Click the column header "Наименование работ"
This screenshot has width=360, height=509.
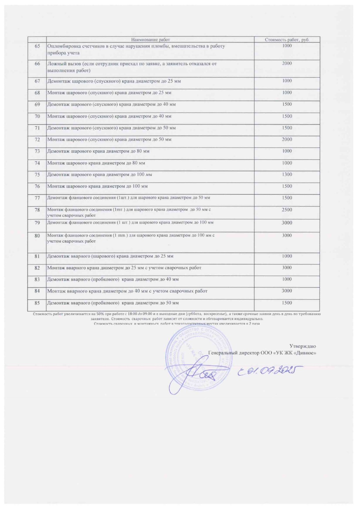150,40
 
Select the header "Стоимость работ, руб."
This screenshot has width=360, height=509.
287,40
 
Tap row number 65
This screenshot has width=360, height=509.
37,46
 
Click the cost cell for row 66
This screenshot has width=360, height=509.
287,64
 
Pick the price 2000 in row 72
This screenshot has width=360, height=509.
287,140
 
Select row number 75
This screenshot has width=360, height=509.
37,175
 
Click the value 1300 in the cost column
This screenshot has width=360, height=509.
287,175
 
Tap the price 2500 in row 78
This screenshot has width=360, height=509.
287,210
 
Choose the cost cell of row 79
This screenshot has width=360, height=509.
287,223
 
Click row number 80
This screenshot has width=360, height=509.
37,236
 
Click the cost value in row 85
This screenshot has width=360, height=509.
287,303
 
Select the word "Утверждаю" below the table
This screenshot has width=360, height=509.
303,346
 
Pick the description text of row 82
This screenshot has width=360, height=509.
124,268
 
